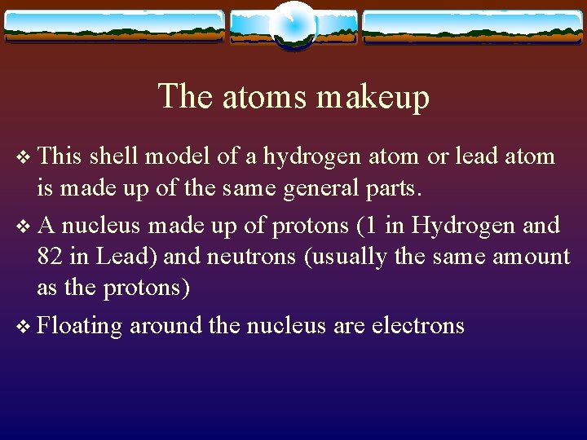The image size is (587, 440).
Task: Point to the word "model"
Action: [x=177, y=156]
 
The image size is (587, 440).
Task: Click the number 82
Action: [x=50, y=257]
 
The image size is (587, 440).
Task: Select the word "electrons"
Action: [x=417, y=326]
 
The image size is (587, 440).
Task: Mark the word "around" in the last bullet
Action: [x=166, y=326]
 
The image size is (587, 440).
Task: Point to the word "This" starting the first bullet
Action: [x=60, y=156]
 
